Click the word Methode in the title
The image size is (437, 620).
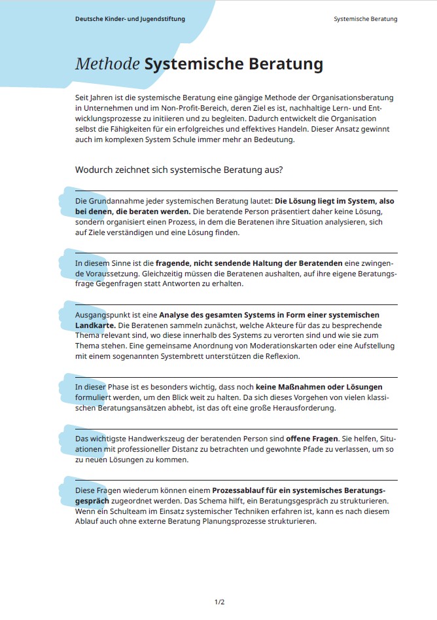coord(107,64)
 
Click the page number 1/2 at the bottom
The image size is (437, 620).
coord(219,602)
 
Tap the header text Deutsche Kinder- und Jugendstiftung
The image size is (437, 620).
coord(130,19)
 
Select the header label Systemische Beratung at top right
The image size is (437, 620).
coord(365,19)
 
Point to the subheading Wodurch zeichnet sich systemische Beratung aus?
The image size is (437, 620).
coord(179,170)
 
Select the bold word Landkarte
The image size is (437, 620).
coord(96,325)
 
